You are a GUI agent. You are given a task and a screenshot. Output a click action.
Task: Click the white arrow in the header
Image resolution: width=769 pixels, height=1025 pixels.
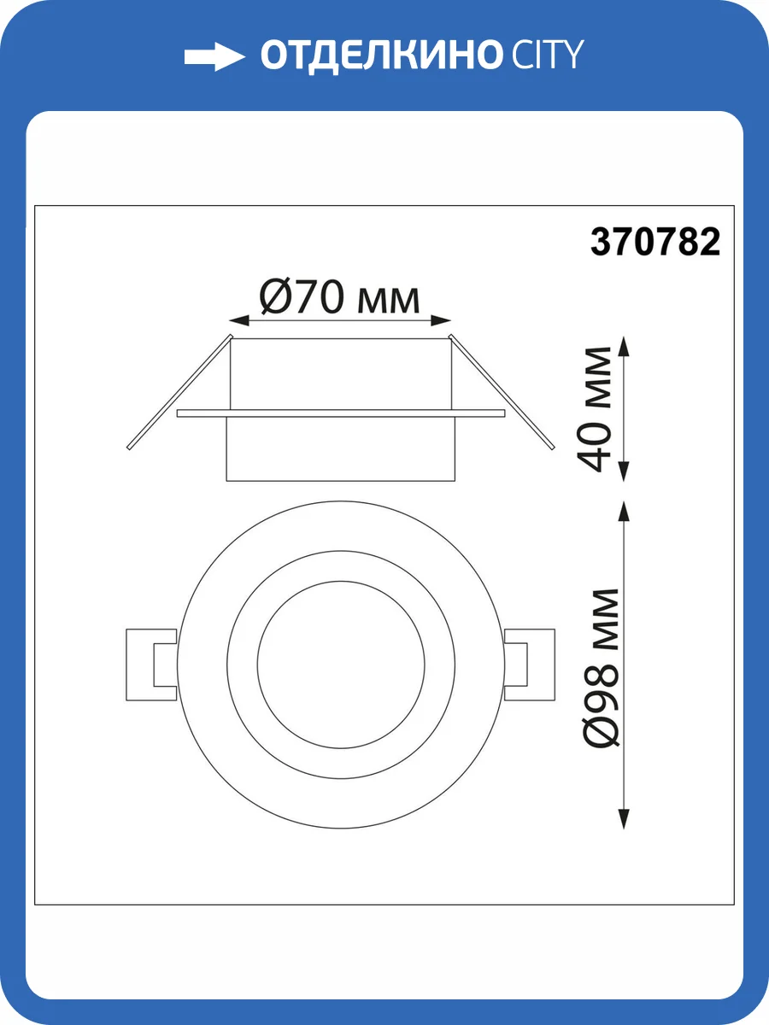[x=214, y=57]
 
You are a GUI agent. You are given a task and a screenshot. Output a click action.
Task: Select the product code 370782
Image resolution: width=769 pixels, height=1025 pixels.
[x=655, y=242]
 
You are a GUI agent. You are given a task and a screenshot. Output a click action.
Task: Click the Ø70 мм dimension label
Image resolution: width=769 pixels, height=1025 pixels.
[x=340, y=296]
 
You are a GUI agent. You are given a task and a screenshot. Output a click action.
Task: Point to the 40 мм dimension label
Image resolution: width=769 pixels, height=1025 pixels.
[x=595, y=408]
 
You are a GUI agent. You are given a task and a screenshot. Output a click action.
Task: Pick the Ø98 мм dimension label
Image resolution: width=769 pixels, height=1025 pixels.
[x=602, y=667]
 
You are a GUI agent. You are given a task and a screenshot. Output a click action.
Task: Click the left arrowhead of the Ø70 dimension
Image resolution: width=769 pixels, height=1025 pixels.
[x=238, y=321]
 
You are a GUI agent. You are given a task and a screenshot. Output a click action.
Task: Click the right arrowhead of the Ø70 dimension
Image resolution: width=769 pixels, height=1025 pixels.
[x=441, y=321]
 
